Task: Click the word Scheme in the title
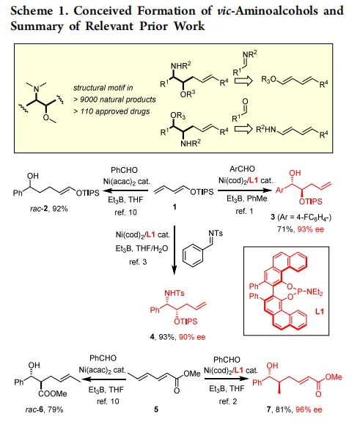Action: pos(32,11)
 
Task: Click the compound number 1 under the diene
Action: pos(175,207)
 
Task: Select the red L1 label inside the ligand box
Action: pos(320,311)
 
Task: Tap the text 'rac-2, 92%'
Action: pos(49,209)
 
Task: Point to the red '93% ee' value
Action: pos(311,229)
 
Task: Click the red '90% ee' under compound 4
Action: pos(192,337)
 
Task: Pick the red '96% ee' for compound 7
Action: pos(309,409)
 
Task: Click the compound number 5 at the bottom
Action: pos(156,409)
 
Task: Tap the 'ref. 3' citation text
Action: pos(138,262)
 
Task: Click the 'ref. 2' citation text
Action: pos(228,401)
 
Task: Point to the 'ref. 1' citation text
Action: pos(244,211)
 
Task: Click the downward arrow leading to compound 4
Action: pos(175,250)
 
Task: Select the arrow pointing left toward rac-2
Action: pos(125,191)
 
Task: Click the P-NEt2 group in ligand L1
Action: pos(310,292)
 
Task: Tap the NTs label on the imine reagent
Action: pos(216,234)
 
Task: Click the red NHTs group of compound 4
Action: pos(175,293)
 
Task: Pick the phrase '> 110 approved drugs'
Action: pos(111,111)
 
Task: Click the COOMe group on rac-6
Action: pos(52,394)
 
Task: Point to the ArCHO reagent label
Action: pos(242,169)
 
